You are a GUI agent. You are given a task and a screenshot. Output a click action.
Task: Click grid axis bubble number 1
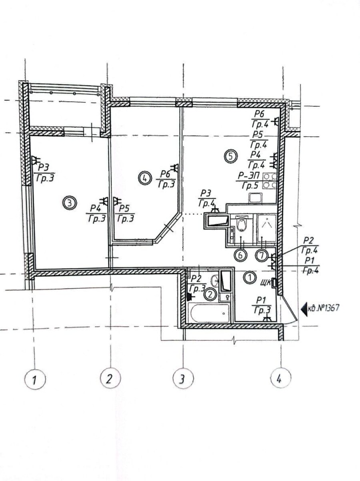pyautogui.click(x=35, y=380)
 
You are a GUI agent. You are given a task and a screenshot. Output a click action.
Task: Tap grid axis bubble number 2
pyautogui.click(x=110, y=378)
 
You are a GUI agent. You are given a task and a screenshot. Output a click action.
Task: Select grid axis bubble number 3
pyautogui.click(x=183, y=379)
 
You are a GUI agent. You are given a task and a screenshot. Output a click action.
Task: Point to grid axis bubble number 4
pyautogui.click(x=280, y=379)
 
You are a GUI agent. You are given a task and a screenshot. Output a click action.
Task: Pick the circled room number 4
pyautogui.click(x=144, y=177)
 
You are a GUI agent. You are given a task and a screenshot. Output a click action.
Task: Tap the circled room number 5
pyautogui.click(x=231, y=156)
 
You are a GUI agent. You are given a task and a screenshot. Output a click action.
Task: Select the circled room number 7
pyautogui.click(x=261, y=255)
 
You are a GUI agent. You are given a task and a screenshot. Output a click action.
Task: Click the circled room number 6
pyautogui.click(x=240, y=255)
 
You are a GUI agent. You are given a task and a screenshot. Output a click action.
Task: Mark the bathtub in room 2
pyautogui.click(x=210, y=313)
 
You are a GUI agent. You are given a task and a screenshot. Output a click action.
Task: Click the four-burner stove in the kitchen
pyautogui.click(x=270, y=181)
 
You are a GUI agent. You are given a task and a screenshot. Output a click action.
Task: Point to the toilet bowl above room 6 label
pyautogui.click(x=241, y=224)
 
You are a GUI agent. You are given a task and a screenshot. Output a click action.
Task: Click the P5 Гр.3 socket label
pyautogui.click(x=125, y=213)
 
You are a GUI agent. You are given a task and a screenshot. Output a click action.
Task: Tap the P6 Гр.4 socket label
pyautogui.click(x=260, y=119)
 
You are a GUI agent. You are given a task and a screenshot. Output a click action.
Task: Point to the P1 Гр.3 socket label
pyautogui.click(x=262, y=305)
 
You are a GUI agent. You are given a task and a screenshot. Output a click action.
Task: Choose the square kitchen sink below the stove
pyautogui.click(x=255, y=197)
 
